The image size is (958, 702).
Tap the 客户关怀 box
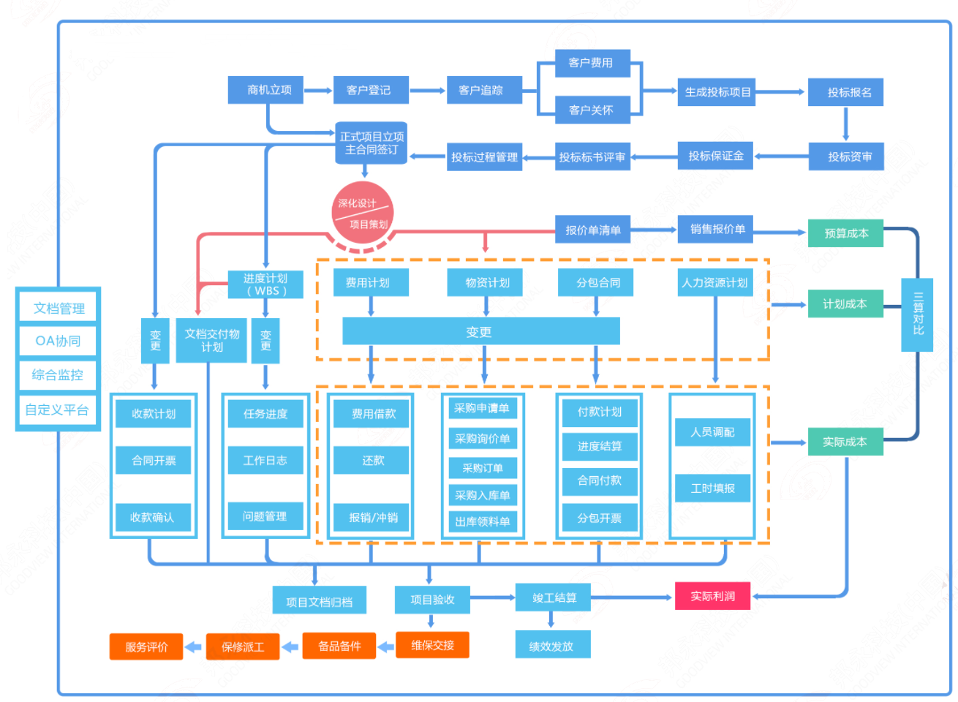coord(592,110)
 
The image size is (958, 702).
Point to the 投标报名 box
coord(845,93)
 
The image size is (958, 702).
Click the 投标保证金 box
coord(715,156)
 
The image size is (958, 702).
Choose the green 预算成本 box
coord(845,233)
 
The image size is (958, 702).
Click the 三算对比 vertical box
coord(917,314)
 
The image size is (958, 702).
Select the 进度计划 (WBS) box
coord(265,284)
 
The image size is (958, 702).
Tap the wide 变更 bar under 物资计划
coord(480,331)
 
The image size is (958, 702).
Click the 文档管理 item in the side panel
coord(59,308)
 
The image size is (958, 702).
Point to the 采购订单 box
coord(483,468)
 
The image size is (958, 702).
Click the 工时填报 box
coord(712,488)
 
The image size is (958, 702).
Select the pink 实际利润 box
coord(712,597)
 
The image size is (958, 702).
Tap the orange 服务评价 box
coord(146,646)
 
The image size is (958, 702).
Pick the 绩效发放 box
coord(552,646)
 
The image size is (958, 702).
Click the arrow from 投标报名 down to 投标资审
coord(846,124)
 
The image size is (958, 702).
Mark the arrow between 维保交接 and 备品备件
coord(386,646)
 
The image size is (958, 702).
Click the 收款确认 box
coord(153,517)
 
